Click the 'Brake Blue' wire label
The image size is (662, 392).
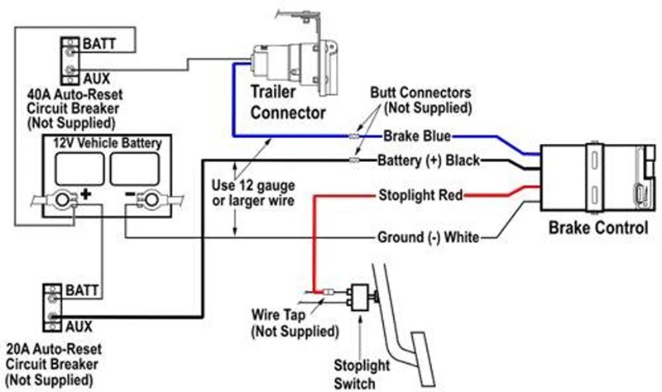(417, 136)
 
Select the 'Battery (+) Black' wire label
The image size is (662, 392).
(429, 160)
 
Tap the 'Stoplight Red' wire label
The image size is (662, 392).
(420, 195)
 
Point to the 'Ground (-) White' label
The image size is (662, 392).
(428, 237)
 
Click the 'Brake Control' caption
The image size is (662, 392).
(597, 228)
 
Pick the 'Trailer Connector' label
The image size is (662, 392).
(288, 102)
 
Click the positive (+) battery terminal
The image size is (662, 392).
(63, 199)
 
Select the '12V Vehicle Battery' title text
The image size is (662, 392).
(108, 143)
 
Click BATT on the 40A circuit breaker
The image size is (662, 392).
(98, 44)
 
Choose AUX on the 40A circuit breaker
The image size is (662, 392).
(96, 79)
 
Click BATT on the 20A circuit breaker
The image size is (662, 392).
(82, 290)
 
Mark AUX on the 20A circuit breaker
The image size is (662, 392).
(79, 326)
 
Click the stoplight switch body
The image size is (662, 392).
(359, 298)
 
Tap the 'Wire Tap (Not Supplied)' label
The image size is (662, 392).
(295, 323)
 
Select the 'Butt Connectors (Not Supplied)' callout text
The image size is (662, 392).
(420, 100)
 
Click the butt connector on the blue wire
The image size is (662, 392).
(354, 136)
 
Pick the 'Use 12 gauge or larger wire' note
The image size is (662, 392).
(253, 193)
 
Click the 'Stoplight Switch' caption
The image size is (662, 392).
(361, 375)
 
